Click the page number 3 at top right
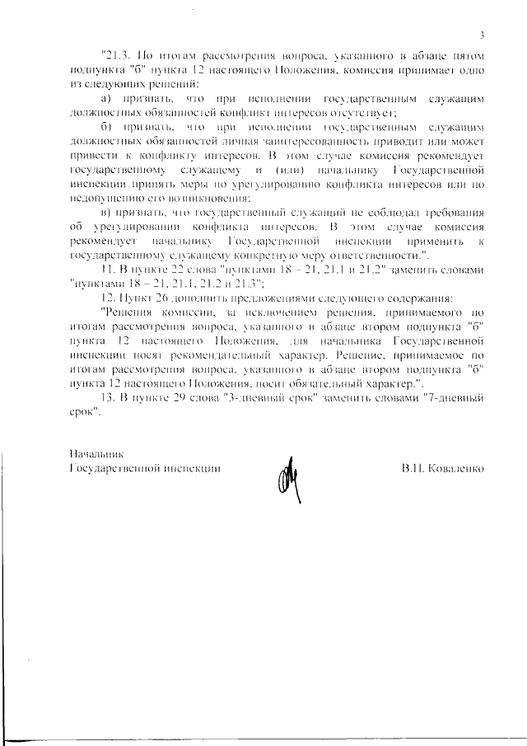[482, 34]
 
